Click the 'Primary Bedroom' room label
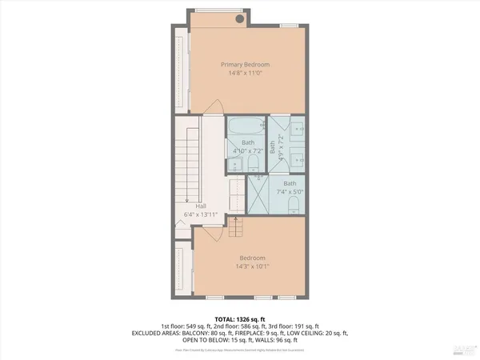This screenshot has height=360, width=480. pos(246,65)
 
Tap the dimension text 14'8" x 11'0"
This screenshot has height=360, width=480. pos(246,74)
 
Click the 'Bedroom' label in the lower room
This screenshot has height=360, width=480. pos(250,258)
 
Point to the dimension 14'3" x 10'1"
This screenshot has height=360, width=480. pos(250,267)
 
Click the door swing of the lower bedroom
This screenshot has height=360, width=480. pos(210,232)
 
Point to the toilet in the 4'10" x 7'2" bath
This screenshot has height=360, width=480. pos(253,163)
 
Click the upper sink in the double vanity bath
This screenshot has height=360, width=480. pos(295,128)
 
